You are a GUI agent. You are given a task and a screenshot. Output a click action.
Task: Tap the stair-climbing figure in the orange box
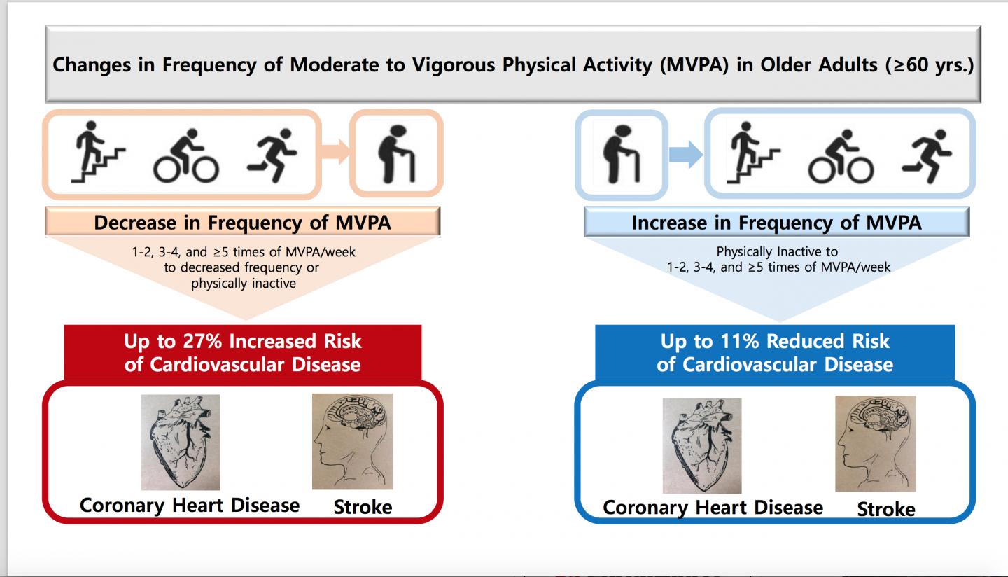(98, 152)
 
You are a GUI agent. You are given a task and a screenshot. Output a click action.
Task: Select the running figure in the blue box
(927, 155)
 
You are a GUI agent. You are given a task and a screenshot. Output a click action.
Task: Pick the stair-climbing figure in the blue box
(753, 154)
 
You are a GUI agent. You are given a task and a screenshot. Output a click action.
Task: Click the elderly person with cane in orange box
(396, 153)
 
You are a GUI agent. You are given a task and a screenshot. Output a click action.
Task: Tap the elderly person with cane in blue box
(621, 154)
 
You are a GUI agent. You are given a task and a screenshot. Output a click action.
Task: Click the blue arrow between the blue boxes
(685, 154)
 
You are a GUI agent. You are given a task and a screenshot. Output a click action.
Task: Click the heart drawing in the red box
(180, 442)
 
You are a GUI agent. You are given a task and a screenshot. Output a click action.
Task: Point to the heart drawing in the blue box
(702, 445)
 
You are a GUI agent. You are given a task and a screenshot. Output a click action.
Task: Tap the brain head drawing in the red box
(352, 441)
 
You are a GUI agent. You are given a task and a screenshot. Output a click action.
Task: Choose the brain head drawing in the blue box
(875, 443)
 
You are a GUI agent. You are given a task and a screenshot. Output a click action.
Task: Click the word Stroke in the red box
(363, 506)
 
